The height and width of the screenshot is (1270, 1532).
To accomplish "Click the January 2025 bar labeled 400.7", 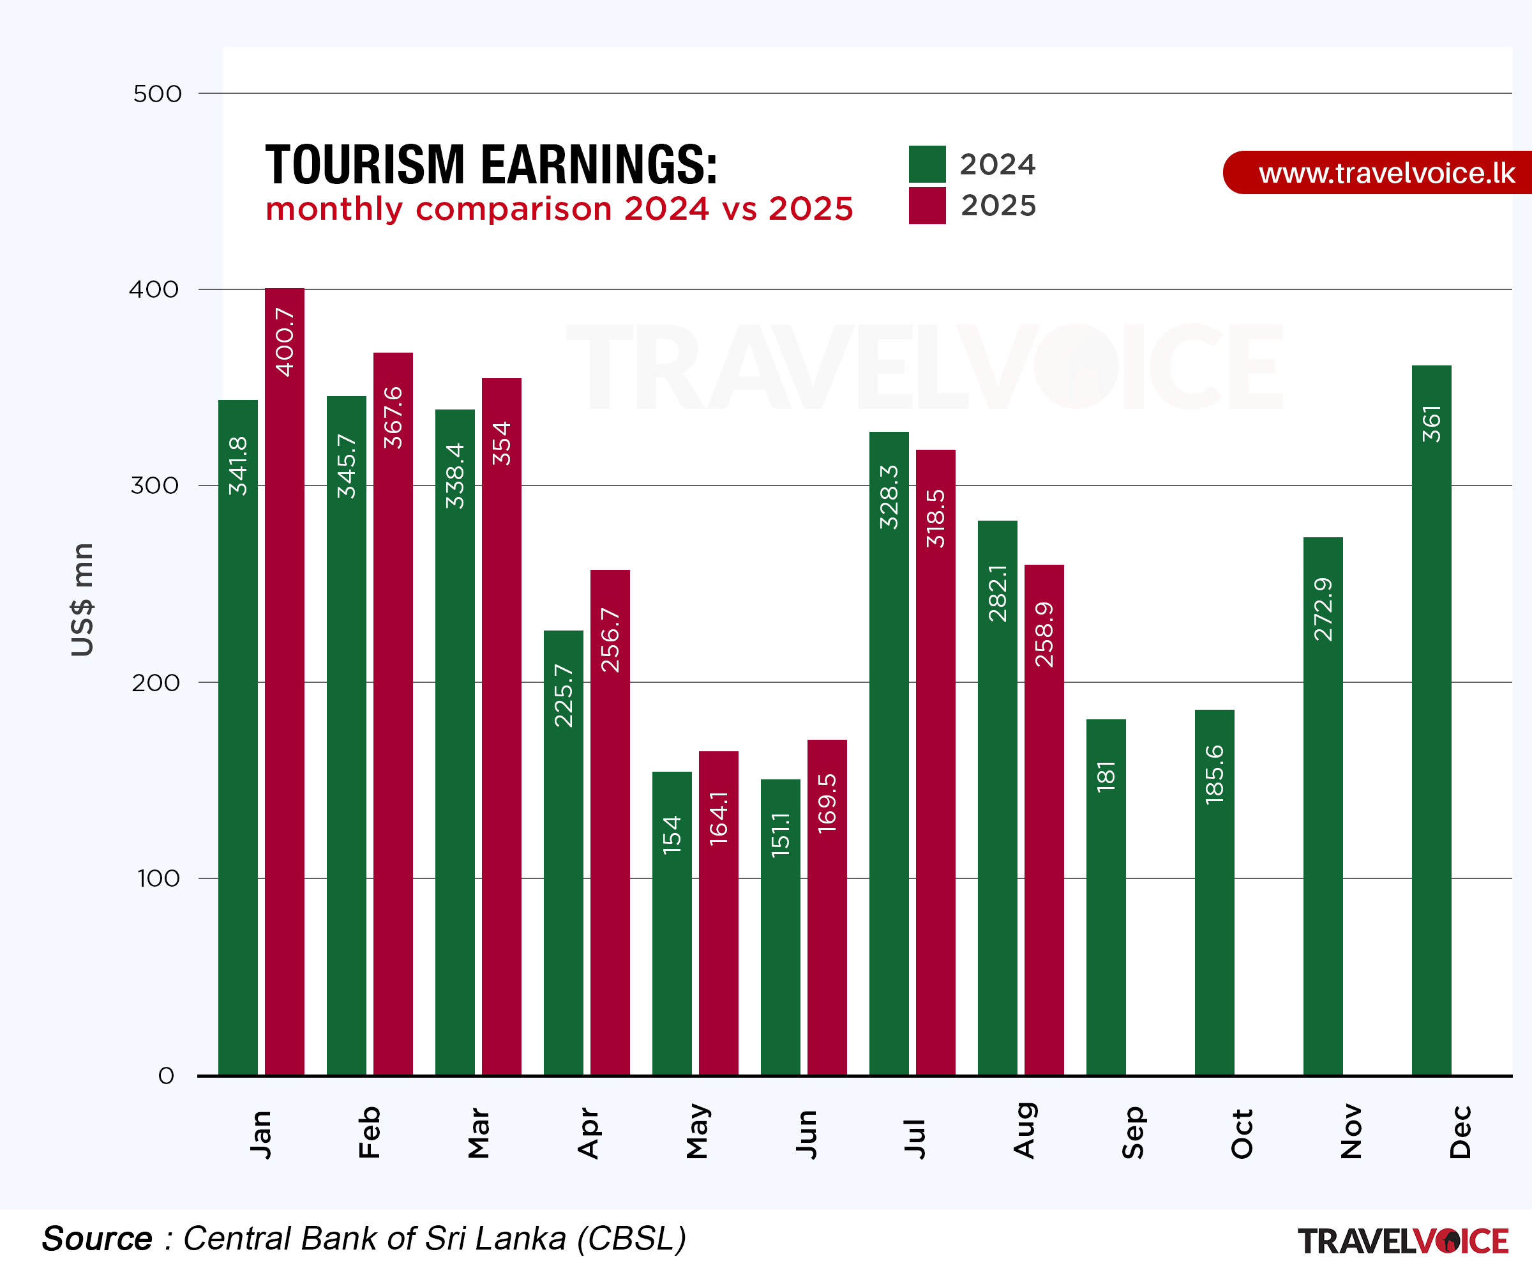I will point(285,679).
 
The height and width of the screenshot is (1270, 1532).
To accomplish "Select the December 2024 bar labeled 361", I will point(1431,719).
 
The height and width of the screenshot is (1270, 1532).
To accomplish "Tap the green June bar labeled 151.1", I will point(780,927).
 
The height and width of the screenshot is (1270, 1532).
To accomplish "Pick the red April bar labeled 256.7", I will point(610,821).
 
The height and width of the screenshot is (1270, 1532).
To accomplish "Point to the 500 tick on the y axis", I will point(157,93).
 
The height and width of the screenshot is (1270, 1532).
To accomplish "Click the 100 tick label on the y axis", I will point(158,878).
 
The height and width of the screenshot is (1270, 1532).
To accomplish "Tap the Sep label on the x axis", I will point(1133,1132).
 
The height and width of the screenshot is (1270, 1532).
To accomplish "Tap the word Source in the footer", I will point(96,1239).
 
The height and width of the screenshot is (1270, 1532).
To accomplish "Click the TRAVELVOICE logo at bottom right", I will point(1402,1241).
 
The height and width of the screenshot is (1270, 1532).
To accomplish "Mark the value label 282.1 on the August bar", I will point(997,593).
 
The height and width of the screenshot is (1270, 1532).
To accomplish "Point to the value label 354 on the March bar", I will point(501,443).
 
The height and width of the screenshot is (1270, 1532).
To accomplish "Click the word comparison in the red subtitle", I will point(514,210).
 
